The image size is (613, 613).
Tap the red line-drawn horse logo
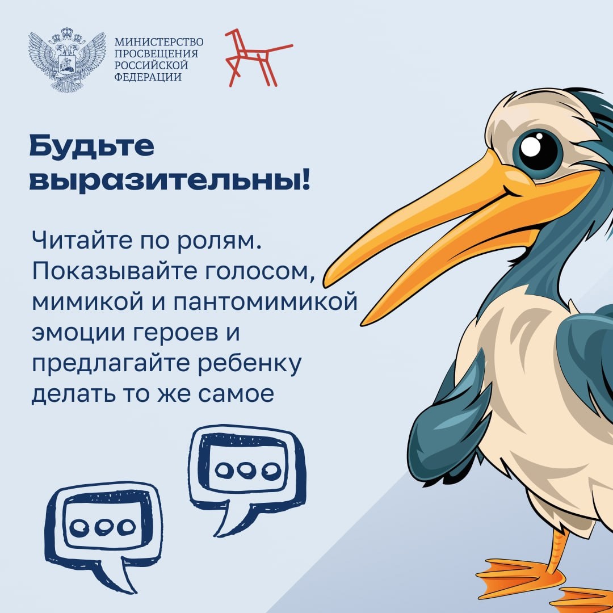(258, 57)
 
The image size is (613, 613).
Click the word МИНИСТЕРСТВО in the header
(159, 42)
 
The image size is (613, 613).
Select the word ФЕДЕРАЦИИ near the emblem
(148, 77)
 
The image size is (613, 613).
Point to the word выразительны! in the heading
(170, 180)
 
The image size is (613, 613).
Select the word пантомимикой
(266, 302)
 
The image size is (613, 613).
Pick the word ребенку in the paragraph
(250, 364)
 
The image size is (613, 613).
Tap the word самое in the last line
(236, 394)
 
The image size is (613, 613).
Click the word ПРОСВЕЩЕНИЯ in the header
(156, 53)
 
